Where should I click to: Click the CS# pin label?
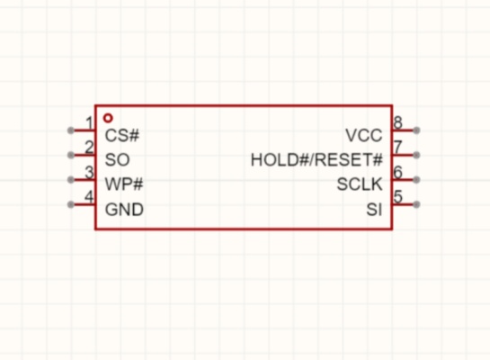tap(122, 135)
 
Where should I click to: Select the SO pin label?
tap(117, 160)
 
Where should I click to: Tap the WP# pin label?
tap(124, 184)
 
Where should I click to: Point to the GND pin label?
tap(124, 209)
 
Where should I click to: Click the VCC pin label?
tap(364, 135)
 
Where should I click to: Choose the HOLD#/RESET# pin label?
tap(316, 160)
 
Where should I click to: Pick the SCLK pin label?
tap(360, 184)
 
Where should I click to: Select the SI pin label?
tap(374, 209)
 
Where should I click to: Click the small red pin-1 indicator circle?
tap(108, 118)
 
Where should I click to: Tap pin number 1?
tap(89, 123)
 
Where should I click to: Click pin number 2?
tap(89, 148)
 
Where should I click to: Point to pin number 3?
tap(89, 172)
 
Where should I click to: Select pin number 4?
tap(89, 197)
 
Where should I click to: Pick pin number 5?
tap(397, 197)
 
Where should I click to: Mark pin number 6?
tap(397, 172)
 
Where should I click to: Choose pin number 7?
tap(397, 148)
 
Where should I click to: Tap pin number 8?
tap(397, 122)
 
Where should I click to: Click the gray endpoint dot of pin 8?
tap(416, 130)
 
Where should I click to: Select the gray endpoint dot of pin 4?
tap(71, 204)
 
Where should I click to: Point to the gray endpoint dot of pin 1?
tap(71, 130)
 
